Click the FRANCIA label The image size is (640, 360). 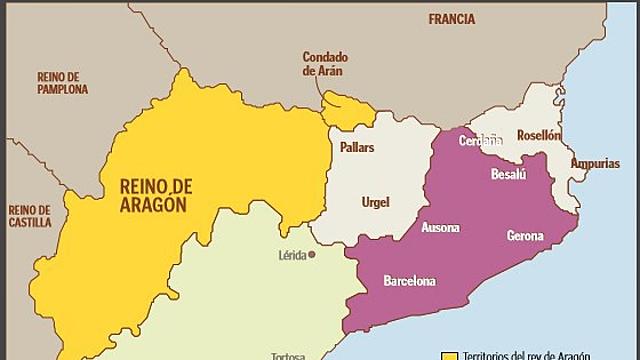click(x=451, y=18)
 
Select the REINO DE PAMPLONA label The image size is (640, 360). click(x=62, y=82)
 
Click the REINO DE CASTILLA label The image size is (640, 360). click(x=29, y=217)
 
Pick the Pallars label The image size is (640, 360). click(x=356, y=146)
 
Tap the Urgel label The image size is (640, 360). click(x=375, y=203)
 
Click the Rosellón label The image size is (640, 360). click(x=539, y=135)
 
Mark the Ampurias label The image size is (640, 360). click(x=594, y=163)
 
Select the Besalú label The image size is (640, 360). click(x=508, y=173)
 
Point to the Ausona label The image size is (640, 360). click(x=441, y=228)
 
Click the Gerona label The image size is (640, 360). click(x=525, y=236)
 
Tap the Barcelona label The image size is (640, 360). click(x=410, y=281)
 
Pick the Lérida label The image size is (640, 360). click(x=292, y=255)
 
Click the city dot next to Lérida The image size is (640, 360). click(x=312, y=255)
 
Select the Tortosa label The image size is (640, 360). click(x=289, y=355)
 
